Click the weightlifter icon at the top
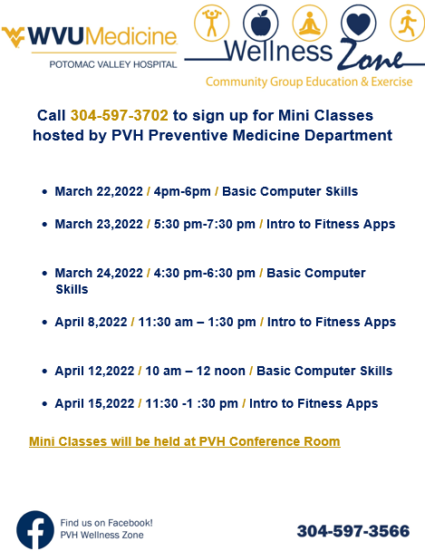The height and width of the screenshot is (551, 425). [x=212, y=23]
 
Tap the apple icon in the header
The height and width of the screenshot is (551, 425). [x=261, y=23]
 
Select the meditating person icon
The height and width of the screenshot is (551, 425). [x=310, y=23]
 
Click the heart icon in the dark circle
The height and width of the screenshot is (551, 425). [x=358, y=23]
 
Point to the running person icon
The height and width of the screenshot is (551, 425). [x=408, y=23]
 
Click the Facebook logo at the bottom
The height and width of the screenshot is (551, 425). [x=35, y=529]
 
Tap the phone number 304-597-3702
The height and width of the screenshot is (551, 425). [x=120, y=115]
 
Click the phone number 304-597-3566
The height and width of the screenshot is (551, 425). [x=353, y=531]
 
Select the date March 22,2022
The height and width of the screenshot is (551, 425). [x=99, y=191]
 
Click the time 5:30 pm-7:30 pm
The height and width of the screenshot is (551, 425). [x=205, y=224]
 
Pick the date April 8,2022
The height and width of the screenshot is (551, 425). [x=91, y=322]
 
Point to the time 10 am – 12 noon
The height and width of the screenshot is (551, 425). [x=196, y=371]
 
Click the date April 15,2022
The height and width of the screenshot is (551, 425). [x=94, y=403]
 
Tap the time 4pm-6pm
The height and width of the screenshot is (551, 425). [x=182, y=192]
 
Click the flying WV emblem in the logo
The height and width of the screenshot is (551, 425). [x=14, y=37]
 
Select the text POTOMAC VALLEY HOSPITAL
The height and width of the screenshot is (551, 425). [x=113, y=64]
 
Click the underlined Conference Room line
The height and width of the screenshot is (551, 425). [x=185, y=441]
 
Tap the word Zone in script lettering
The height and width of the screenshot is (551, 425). [x=372, y=56]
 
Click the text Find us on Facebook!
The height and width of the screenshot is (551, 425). [x=106, y=523]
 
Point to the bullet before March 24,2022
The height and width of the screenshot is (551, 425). [x=44, y=273]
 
